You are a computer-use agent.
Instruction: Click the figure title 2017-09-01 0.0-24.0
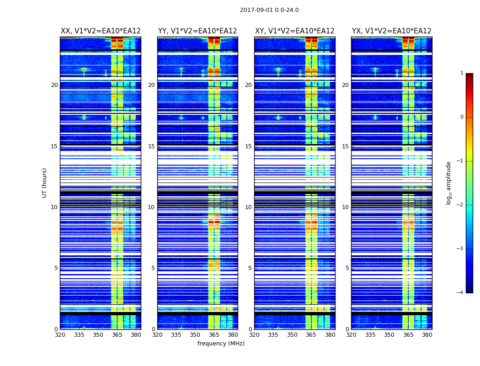coord(269,10)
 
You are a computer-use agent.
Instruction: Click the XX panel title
coord(101,31)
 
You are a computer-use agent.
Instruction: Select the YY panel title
coord(197,31)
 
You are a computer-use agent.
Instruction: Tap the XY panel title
coord(295,31)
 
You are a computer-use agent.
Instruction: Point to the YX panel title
coord(392,31)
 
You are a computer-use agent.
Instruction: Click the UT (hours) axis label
coord(45,183)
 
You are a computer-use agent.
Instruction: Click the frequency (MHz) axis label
coord(221,344)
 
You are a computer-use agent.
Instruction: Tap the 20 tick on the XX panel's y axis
coord(54,85)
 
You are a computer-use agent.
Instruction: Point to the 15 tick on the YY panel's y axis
coord(151,146)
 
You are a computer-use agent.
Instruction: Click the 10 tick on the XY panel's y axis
coord(248,207)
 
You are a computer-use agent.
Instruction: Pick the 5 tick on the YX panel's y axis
coord(347,268)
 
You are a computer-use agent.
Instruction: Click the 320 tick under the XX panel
coord(60,335)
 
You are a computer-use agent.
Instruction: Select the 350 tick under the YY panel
coord(195,335)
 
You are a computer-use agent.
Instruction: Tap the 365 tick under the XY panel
coord(311,335)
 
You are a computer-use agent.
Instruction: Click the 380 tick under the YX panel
coord(427,335)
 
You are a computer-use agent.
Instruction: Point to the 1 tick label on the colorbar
coord(462,73)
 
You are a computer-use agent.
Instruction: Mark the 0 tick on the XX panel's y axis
coord(56,329)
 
